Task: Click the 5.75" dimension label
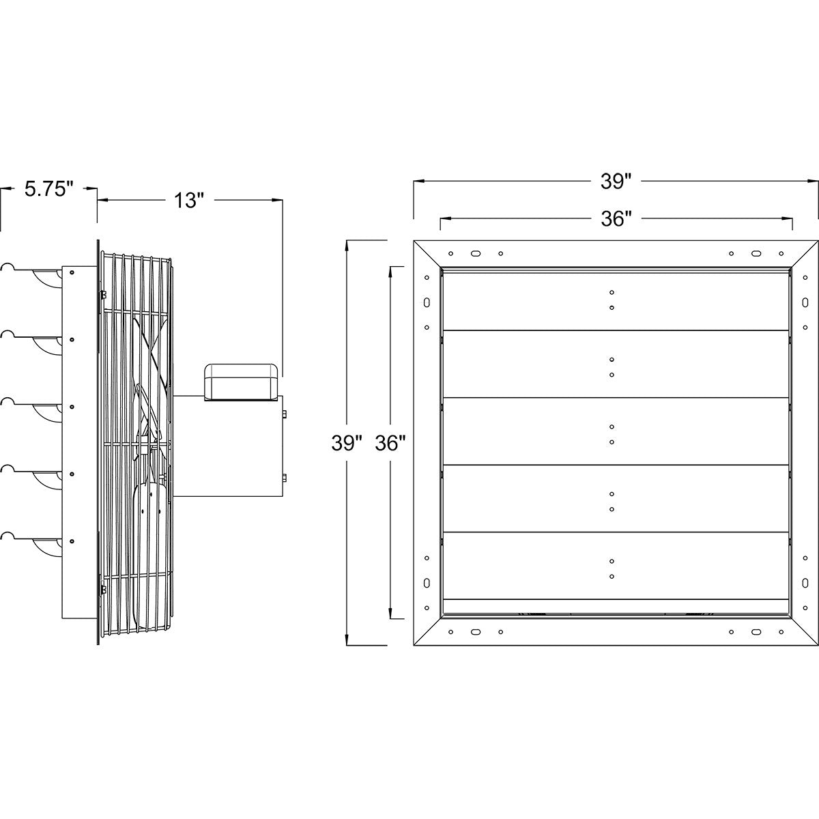(48, 189)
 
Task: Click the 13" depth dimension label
(189, 201)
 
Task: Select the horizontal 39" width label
(616, 182)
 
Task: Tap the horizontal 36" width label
(616, 218)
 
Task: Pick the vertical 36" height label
(390, 443)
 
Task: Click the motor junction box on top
(242, 379)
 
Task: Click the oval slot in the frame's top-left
(474, 253)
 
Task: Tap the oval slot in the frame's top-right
(756, 253)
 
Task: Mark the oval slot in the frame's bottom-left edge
(427, 583)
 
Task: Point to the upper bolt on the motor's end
(285, 414)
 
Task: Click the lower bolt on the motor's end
(285, 477)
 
